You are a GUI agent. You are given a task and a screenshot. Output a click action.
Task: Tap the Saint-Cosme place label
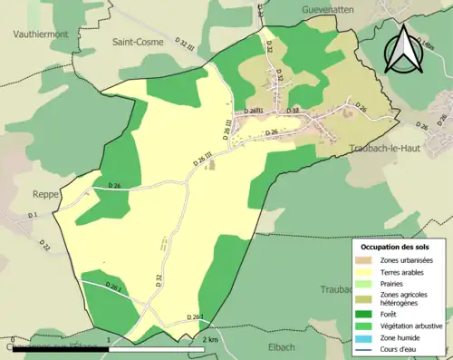point(137,42)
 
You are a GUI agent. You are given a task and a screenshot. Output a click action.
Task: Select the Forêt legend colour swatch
point(367,314)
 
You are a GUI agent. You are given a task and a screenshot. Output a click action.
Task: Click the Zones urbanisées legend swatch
point(367,260)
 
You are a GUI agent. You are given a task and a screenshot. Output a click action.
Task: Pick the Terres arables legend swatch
point(367,271)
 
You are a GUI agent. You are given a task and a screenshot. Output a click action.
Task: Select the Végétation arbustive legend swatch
point(367,325)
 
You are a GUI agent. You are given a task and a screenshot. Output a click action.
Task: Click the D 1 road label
point(33,215)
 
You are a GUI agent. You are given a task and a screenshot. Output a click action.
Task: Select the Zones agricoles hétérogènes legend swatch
point(367,296)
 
